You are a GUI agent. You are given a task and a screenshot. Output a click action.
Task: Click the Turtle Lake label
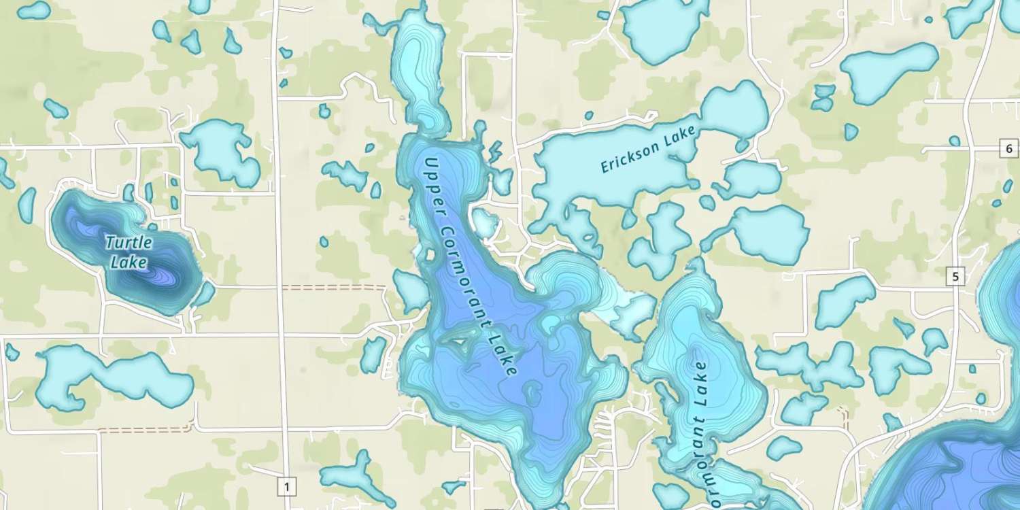(129, 252)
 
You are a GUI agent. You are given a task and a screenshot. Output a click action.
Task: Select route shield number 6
(1008, 148)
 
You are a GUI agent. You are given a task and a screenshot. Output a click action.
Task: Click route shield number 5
(955, 276)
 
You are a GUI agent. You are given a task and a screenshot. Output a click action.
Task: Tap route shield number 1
(287, 486)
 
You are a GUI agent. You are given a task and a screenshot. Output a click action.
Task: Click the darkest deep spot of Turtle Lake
(163, 275)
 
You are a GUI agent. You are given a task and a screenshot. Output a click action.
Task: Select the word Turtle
(129, 242)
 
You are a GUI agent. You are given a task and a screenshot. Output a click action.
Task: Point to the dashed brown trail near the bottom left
(143, 430)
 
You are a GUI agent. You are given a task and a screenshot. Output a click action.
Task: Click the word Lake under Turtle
(129, 262)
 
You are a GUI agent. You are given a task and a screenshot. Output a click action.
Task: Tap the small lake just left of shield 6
(955, 141)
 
